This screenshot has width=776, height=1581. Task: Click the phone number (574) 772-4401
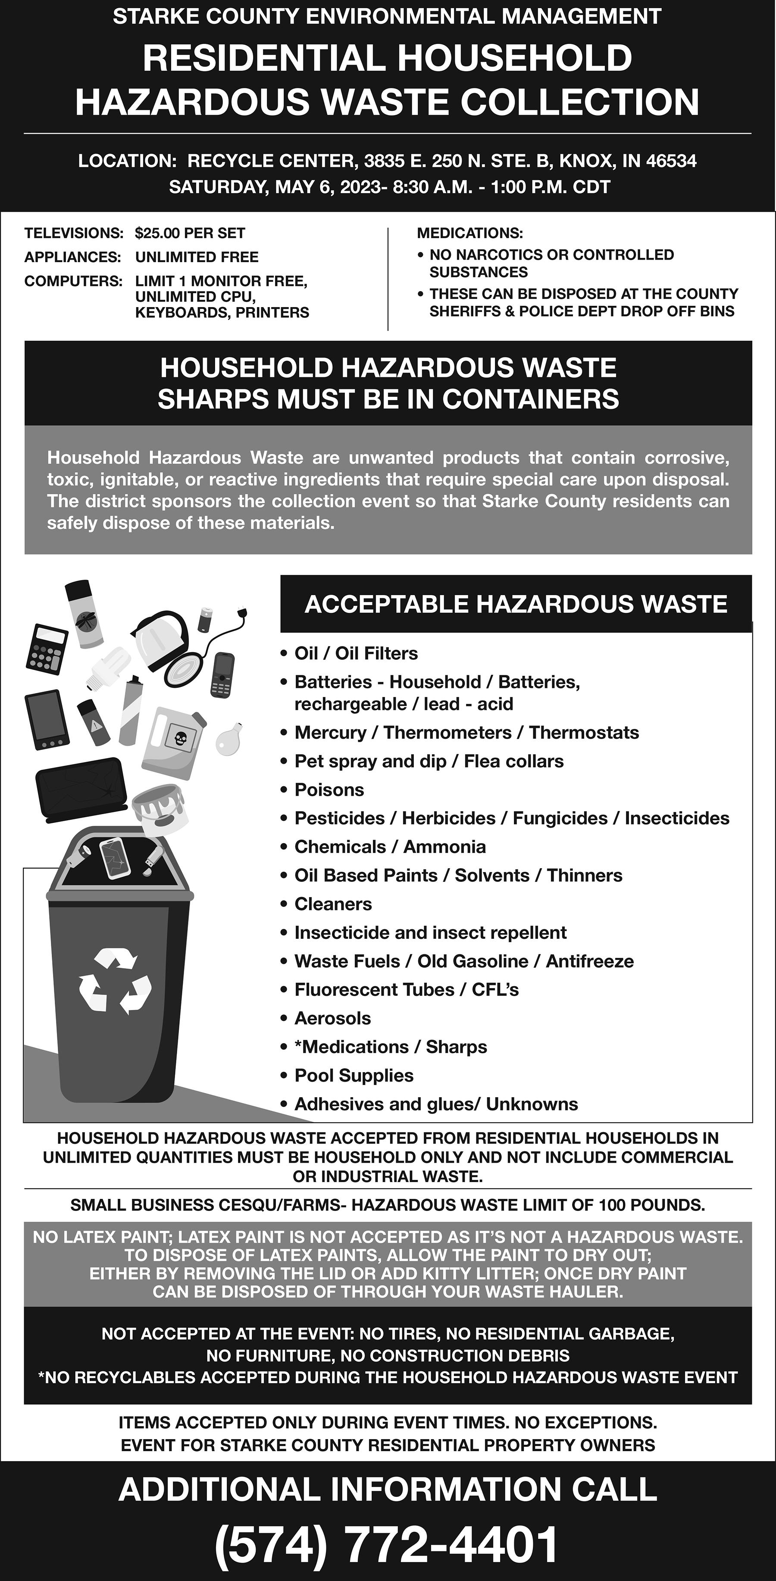click(387, 1544)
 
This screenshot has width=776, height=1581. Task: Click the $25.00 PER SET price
click(190, 233)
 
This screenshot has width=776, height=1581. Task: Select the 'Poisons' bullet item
click(329, 790)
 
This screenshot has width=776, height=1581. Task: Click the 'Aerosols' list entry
click(332, 1018)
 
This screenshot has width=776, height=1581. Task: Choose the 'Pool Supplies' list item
click(354, 1075)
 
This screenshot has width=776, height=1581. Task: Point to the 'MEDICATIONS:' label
click(470, 233)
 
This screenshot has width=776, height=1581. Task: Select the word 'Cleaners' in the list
click(333, 904)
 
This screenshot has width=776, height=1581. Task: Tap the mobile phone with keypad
click(222, 674)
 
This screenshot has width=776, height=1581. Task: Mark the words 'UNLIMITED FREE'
click(197, 257)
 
